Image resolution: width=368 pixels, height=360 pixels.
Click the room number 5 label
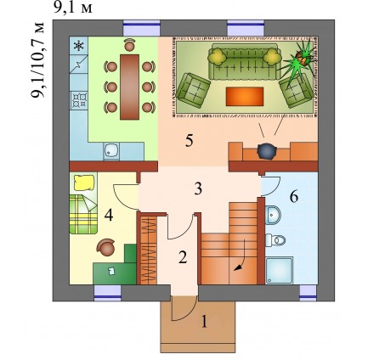[190, 141]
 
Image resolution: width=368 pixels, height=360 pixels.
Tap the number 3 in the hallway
[198, 188]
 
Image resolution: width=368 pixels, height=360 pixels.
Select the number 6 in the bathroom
[294, 197]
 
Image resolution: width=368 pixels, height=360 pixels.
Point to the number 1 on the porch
[204, 322]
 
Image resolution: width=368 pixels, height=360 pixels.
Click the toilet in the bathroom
[275, 240]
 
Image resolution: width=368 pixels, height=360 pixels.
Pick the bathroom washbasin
[273, 215]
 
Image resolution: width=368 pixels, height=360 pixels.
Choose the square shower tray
[280, 270]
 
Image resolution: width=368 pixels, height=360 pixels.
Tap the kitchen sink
[111, 150]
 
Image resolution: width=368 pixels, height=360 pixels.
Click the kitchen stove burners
[79, 100]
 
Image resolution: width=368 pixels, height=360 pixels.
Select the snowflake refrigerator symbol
[78, 46]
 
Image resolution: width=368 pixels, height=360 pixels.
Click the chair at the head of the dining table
[129, 45]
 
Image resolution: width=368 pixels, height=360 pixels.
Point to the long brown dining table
[129, 87]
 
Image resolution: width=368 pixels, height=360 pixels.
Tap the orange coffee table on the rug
[245, 97]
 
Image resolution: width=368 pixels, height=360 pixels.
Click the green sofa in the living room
[245, 62]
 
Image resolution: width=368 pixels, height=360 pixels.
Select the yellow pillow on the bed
[84, 183]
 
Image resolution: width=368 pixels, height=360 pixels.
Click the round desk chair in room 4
[106, 247]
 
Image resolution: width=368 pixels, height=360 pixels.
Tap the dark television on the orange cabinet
[267, 152]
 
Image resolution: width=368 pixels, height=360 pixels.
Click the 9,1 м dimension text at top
[73, 8]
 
